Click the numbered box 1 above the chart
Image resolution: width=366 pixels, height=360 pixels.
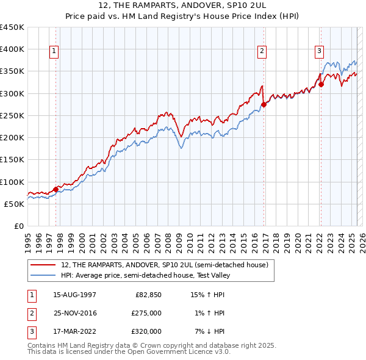point(55,52)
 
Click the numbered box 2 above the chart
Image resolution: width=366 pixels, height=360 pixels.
point(262,52)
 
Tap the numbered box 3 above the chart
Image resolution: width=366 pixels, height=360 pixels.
point(319,52)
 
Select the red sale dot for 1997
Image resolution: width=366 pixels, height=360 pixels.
point(56,189)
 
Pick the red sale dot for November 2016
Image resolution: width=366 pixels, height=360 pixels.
point(264,104)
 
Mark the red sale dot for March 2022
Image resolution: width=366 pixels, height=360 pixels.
point(321,84)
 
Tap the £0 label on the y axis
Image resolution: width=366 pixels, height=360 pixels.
point(18,226)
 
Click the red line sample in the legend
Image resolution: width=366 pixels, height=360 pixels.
point(45,265)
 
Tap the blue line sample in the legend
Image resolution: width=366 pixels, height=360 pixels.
point(45,275)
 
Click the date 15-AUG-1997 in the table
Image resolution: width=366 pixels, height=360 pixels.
point(74,295)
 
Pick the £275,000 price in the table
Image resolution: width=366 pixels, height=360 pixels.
point(146,313)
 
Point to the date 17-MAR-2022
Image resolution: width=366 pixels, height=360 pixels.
point(74,331)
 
